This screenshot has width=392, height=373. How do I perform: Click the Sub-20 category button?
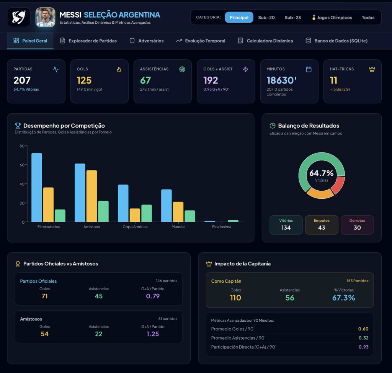point(266,18)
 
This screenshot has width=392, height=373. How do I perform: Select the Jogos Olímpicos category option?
point(332,18)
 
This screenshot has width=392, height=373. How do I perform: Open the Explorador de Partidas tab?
point(88,41)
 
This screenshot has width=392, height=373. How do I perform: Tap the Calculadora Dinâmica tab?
point(266,41)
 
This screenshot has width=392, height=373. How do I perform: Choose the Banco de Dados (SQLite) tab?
point(336,41)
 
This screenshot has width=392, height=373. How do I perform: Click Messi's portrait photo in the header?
point(45,17)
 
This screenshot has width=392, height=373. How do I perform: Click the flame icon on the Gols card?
point(119,69)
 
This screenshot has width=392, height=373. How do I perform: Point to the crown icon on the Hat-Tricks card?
point(372,69)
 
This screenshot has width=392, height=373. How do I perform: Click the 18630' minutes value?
point(281,80)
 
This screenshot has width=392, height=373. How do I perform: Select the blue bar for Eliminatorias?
point(36,187)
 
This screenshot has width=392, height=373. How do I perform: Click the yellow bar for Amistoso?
point(91,196)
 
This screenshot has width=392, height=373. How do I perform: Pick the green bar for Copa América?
point(147,213)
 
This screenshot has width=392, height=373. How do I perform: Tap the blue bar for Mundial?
point(167,206)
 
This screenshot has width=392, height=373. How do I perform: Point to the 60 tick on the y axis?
point(22,165)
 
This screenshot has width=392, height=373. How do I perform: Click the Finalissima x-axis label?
point(222,227)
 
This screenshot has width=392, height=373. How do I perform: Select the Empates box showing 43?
point(322,225)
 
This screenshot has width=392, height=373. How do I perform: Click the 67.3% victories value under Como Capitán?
point(344,298)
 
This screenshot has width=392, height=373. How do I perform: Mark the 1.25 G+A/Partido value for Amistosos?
point(153,334)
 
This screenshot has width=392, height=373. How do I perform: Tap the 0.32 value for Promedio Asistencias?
point(364,338)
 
